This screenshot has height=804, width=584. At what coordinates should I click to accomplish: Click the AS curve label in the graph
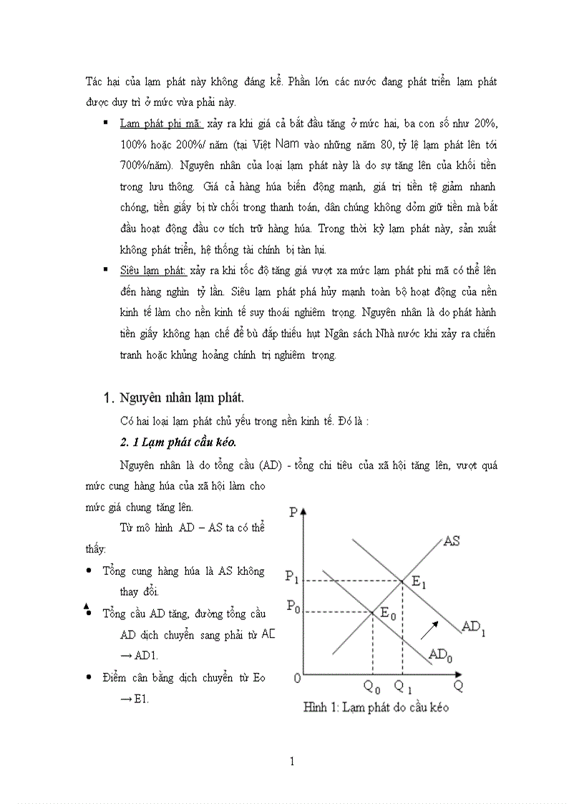(x=451, y=541)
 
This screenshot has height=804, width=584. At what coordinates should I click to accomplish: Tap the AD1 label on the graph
(x=474, y=627)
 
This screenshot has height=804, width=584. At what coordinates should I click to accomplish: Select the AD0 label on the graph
(x=441, y=654)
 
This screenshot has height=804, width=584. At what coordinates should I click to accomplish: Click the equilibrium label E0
(x=387, y=613)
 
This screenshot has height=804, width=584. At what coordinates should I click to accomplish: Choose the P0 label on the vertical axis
(x=293, y=606)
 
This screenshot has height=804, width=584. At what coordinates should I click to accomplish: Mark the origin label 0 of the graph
(x=297, y=677)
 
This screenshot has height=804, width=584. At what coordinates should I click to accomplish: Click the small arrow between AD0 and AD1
(x=429, y=629)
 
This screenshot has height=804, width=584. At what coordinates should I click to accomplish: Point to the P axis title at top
(x=294, y=512)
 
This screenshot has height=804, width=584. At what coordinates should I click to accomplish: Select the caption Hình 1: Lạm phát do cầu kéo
(x=376, y=707)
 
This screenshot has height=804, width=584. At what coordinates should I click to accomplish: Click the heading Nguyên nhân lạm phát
(x=185, y=397)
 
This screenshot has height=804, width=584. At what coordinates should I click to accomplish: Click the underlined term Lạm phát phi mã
(x=162, y=124)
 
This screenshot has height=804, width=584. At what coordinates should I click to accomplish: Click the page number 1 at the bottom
(x=293, y=761)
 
